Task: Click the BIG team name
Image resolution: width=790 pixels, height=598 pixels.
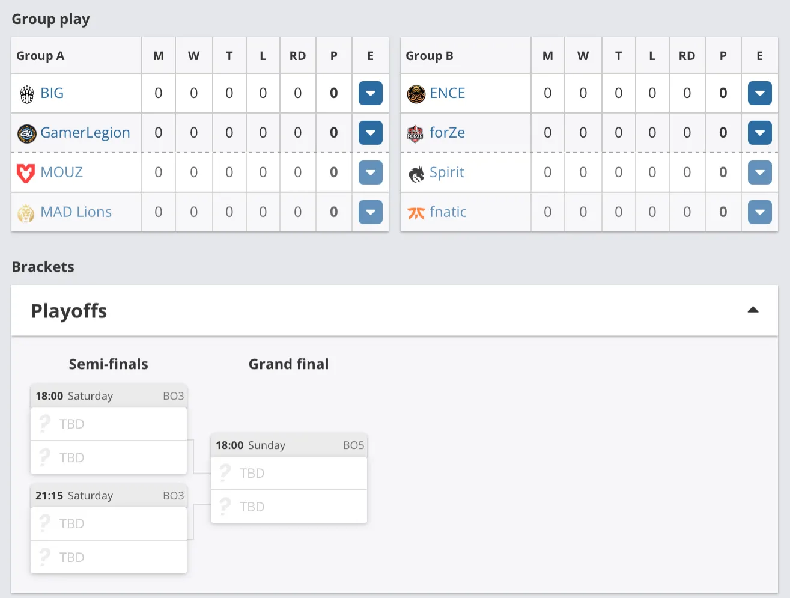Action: pyautogui.click(x=52, y=93)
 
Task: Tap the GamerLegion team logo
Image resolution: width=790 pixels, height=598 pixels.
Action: pyautogui.click(x=26, y=133)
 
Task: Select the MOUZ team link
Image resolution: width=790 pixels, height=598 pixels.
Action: pyautogui.click(x=61, y=172)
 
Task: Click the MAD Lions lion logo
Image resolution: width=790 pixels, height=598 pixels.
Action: pyautogui.click(x=26, y=213)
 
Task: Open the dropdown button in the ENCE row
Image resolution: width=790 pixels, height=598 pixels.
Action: pyautogui.click(x=759, y=93)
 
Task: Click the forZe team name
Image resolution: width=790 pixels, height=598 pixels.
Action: pyautogui.click(x=447, y=132)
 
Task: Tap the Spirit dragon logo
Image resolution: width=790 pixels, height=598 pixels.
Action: pyautogui.click(x=416, y=174)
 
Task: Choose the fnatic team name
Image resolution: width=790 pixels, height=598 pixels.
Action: pyautogui.click(x=448, y=212)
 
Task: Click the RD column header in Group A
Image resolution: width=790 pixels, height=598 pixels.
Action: pyautogui.click(x=297, y=56)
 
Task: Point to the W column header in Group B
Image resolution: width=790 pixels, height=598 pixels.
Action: pyautogui.click(x=583, y=56)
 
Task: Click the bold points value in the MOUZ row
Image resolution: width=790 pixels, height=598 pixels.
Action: pyautogui.click(x=333, y=172)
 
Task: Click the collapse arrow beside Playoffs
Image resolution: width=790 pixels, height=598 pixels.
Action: pyautogui.click(x=753, y=310)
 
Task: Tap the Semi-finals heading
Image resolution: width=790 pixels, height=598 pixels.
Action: pyautogui.click(x=108, y=364)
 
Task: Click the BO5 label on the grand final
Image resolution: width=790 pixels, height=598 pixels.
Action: pyautogui.click(x=353, y=445)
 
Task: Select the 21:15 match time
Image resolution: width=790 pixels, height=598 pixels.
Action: pyautogui.click(x=49, y=496)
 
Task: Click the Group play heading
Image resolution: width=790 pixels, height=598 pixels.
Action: pyautogui.click(x=50, y=19)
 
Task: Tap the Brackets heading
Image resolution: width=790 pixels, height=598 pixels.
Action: pyautogui.click(x=43, y=267)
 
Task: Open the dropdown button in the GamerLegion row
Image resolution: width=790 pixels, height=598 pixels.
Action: pyautogui.click(x=370, y=132)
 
